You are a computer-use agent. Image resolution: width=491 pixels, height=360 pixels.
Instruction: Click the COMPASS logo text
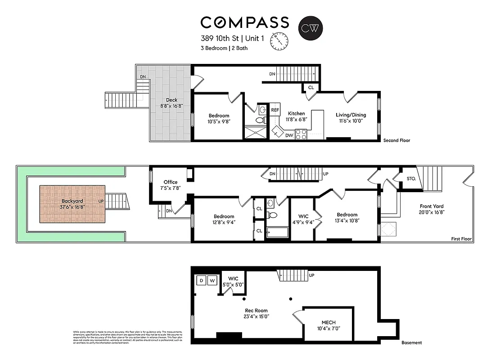[x=244, y=22]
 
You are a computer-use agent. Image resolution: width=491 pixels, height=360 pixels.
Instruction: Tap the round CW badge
[x=311, y=27]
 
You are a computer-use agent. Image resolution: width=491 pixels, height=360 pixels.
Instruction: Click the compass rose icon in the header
[x=279, y=42]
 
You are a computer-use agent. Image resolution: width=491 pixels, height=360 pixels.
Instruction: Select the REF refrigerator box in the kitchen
[x=275, y=109]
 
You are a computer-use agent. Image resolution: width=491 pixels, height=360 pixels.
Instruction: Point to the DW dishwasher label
[x=289, y=135]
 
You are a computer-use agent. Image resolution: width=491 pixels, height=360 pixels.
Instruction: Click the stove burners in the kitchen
[x=301, y=134]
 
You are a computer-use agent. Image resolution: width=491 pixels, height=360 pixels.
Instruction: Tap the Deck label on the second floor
[x=171, y=100]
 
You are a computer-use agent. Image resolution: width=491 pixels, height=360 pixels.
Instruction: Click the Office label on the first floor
[x=171, y=182]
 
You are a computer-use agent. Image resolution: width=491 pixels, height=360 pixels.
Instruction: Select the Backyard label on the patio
[x=72, y=201]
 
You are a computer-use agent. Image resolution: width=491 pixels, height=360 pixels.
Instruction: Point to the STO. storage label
[x=411, y=179]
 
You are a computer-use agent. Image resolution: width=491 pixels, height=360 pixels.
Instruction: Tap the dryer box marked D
[x=201, y=280]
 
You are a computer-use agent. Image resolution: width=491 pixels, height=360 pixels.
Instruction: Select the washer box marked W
[x=212, y=280]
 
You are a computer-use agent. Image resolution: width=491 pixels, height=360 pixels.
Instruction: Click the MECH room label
[x=328, y=323]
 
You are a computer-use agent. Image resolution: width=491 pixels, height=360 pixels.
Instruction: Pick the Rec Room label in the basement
[x=257, y=310]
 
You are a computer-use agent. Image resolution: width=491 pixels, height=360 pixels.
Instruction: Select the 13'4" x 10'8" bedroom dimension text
[x=347, y=220]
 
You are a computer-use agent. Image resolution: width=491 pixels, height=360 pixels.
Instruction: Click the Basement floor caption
[x=411, y=343]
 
